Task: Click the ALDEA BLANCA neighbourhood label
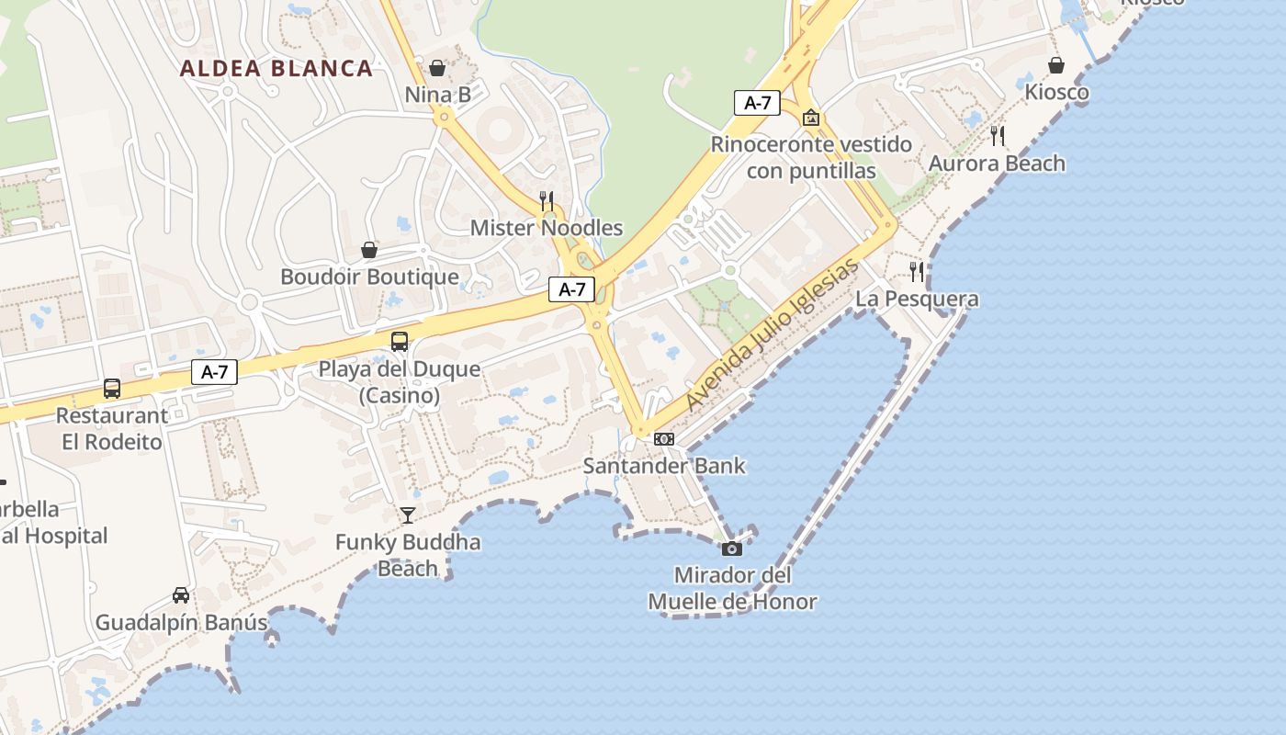click(276, 68)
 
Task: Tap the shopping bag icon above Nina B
click(437, 68)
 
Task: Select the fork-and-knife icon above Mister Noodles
click(547, 200)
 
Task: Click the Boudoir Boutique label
click(369, 277)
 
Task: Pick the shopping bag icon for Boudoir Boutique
click(369, 250)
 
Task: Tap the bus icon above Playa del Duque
click(400, 342)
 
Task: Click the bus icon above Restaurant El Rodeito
click(112, 389)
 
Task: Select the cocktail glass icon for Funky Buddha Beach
click(408, 515)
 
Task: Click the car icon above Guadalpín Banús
click(181, 595)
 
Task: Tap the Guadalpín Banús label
click(181, 622)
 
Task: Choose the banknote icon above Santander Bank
click(664, 439)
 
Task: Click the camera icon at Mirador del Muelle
click(732, 548)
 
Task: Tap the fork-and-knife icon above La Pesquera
click(917, 271)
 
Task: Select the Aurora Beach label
click(997, 164)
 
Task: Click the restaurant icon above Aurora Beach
click(998, 136)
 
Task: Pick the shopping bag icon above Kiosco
click(1056, 65)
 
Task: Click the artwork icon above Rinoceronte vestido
click(811, 118)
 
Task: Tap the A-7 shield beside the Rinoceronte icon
click(757, 103)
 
